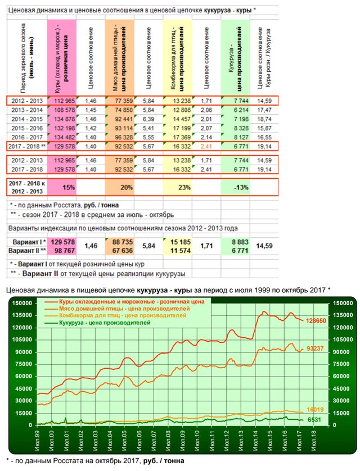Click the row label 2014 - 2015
click(26, 119)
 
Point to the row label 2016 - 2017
click(26, 137)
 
